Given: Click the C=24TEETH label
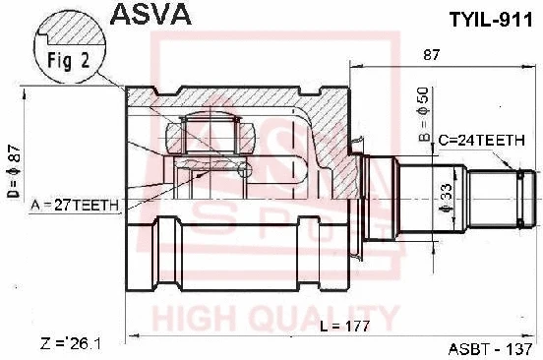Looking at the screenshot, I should (x=482, y=141).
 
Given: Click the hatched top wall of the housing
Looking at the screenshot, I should (x=236, y=98).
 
